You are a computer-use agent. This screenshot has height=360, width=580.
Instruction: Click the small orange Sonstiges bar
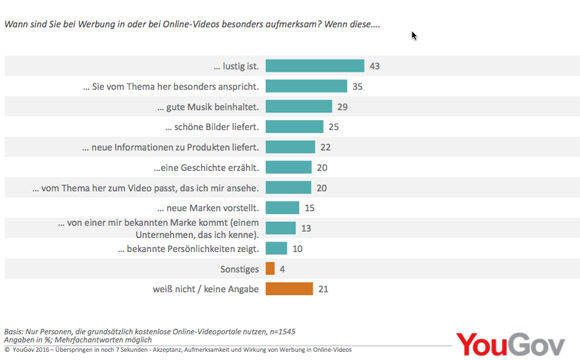(x=268, y=269)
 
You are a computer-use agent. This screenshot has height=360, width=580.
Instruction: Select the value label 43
(x=375, y=66)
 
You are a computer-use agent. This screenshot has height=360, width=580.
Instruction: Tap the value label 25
(x=335, y=127)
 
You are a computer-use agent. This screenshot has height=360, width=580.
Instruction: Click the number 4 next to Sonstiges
(x=283, y=269)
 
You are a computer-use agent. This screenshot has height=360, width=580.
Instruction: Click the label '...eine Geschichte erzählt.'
(x=205, y=167)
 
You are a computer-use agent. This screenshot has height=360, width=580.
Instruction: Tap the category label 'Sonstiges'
(x=240, y=269)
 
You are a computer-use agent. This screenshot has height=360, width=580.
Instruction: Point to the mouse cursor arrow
(x=415, y=36)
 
